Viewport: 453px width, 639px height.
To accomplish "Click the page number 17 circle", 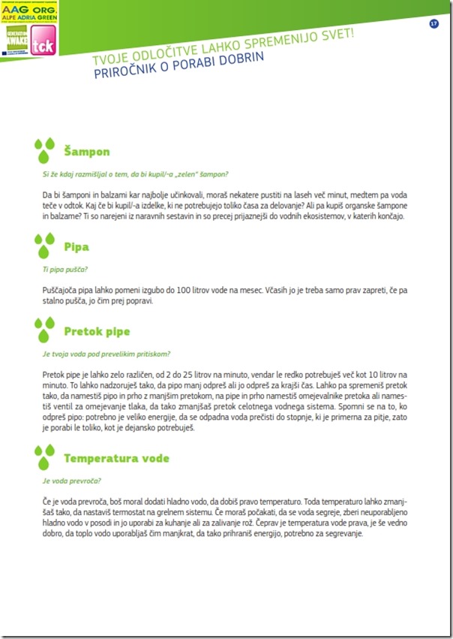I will (x=433, y=24).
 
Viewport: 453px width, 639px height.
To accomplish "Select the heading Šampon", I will (x=87, y=152).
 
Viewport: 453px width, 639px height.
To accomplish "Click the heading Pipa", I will (x=76, y=246).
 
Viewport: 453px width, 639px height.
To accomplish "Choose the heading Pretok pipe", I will (x=97, y=331).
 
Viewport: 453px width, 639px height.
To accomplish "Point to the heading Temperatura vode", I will (x=116, y=458).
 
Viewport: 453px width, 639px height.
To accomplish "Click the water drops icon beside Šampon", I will (x=45, y=150).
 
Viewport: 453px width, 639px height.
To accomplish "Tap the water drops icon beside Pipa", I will (x=45, y=246).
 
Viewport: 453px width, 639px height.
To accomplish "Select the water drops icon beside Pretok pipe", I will (x=45, y=330).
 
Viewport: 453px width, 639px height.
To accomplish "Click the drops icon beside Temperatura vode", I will (x=45, y=457).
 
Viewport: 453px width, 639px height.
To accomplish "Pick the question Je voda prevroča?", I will (x=72, y=481).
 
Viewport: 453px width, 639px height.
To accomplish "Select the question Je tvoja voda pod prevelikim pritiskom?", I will (x=106, y=354).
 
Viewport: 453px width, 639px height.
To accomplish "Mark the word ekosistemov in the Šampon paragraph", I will (x=322, y=216).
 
